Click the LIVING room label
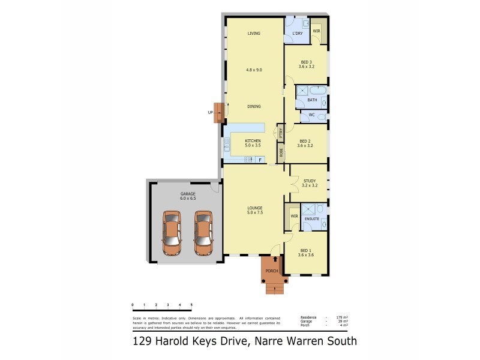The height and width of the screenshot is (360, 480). pos(254,34)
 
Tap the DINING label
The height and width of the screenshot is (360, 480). pos(254,106)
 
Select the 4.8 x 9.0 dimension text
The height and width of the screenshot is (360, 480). pos(254,70)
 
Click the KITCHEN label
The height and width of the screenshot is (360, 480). pos(253,140)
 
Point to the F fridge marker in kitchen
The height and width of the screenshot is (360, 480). pos(260,160)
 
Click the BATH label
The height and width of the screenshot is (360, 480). pos(312,100)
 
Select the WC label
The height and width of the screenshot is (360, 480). pos(312,115)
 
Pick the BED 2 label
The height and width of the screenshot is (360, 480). pos(305,141)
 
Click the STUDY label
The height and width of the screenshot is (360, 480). pos(310,181)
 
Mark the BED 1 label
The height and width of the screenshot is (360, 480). pos(305,250)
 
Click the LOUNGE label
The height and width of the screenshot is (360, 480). pos(255,208)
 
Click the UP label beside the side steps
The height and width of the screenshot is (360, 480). pos(211,112)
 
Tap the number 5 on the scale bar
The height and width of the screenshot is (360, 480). pos(191,305)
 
